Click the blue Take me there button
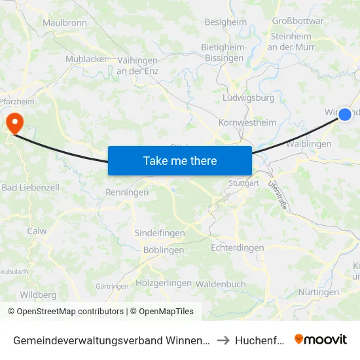[x=180, y=160]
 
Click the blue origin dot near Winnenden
[x=345, y=115]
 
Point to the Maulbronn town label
[x=65, y=23]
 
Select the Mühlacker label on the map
[x=86, y=59]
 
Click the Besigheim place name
[x=226, y=22]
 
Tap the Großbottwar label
[x=298, y=21]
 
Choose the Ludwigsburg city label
[x=249, y=98]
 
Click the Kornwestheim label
[x=247, y=122]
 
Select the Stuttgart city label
[x=244, y=183]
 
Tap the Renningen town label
[x=127, y=192]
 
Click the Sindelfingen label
[x=160, y=233]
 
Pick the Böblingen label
[x=163, y=250]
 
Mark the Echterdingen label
[x=238, y=248]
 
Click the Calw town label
[x=37, y=231]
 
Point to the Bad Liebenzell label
[x=31, y=188]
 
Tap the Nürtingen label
[x=318, y=293]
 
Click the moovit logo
[x=321, y=339]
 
